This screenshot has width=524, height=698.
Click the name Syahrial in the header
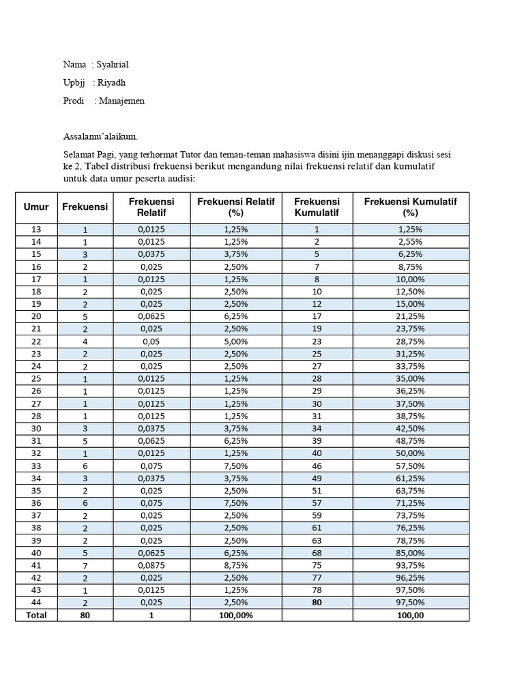coord(113,65)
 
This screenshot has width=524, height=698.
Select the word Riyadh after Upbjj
coord(111,82)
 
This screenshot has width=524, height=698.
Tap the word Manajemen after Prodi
coord(121,101)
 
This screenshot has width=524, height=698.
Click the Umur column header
coord(36,207)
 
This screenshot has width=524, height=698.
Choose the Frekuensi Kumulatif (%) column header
coord(410,207)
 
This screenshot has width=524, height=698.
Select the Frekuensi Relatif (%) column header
coord(235,207)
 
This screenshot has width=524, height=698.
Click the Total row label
coord(36,615)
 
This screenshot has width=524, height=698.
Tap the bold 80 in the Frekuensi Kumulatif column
coord(317,603)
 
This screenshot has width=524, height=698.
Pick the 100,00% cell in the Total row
coord(235,615)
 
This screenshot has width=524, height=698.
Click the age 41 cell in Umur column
coord(36,565)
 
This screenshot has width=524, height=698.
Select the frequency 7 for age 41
coord(85,565)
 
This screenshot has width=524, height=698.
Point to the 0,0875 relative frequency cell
coord(152,565)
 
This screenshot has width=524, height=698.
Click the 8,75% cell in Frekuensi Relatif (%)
coord(235,565)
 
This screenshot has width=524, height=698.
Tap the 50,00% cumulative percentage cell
coord(410,453)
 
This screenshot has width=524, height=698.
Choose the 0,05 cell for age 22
coord(152,341)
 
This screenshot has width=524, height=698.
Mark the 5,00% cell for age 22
coord(235,341)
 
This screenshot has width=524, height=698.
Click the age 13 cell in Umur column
coord(36,230)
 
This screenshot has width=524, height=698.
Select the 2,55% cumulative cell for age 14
coord(410,242)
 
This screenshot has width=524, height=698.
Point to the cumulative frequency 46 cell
coord(317,466)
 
